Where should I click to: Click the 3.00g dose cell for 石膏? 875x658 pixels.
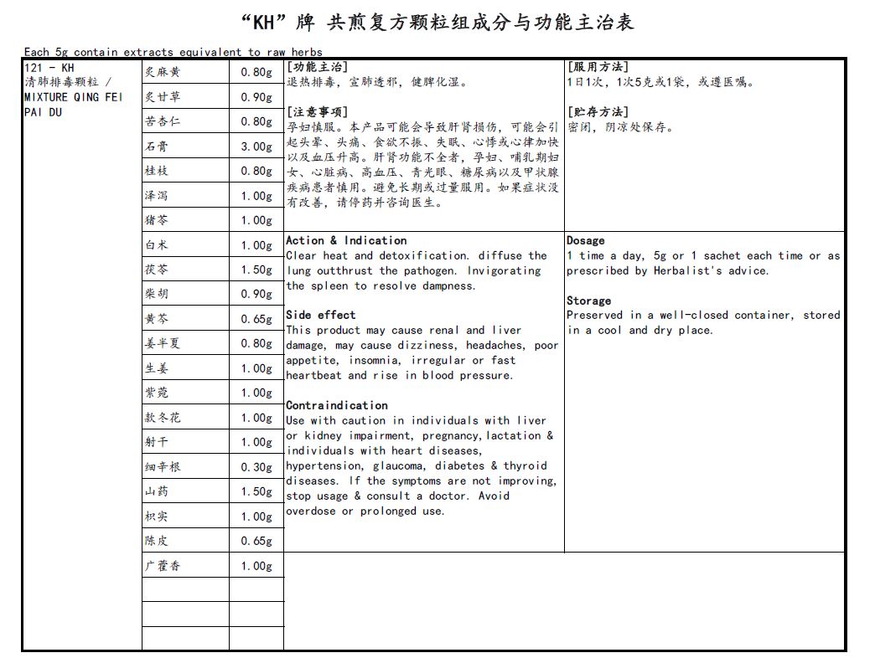[256, 147]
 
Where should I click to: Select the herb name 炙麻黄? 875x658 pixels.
[163, 73]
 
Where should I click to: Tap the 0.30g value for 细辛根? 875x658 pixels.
[256, 467]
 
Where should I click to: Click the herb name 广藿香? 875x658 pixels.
[163, 566]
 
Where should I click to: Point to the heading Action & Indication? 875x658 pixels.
[346, 240]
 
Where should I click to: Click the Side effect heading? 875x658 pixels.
[320, 316]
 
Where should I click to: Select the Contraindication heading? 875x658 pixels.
[337, 405]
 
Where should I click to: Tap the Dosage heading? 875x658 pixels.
[585, 240]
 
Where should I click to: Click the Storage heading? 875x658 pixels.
[588, 301]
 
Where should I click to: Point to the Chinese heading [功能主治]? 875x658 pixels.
[317, 67]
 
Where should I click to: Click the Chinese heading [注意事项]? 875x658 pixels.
[317, 112]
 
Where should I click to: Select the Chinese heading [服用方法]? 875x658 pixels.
[598, 67]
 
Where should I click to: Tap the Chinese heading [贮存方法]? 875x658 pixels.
[598, 112]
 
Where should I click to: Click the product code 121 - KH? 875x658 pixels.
[49, 67]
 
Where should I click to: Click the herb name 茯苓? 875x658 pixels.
[157, 270]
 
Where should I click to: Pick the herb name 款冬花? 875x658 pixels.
[163, 418]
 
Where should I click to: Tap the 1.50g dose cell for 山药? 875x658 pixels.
[256, 492]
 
